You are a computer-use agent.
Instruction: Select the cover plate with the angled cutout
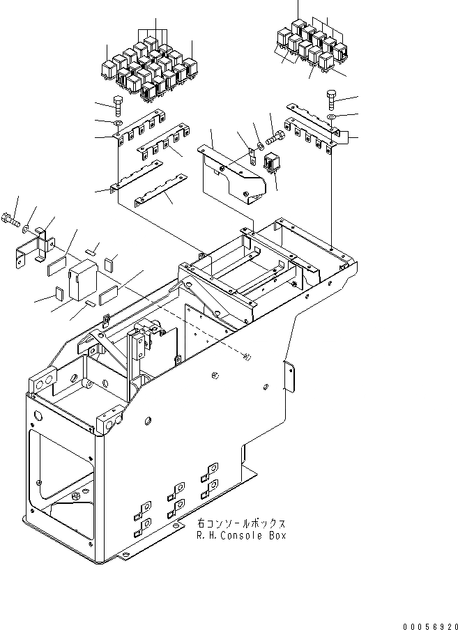tap(234, 174)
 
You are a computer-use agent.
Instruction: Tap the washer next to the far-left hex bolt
tap(26, 228)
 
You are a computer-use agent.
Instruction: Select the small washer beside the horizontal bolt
tap(260, 146)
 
